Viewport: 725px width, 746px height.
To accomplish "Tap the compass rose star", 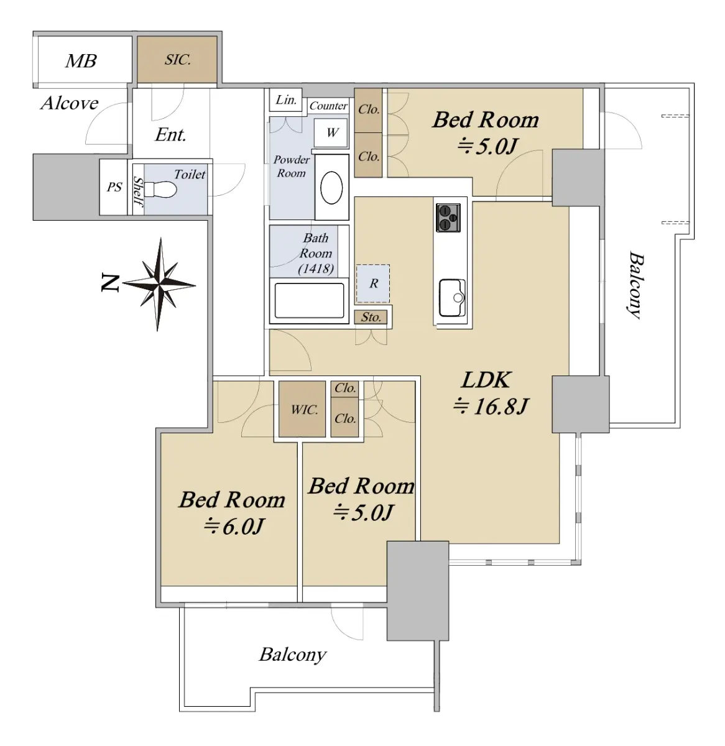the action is point(159,285).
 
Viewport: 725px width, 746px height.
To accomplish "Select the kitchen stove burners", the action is point(448,218).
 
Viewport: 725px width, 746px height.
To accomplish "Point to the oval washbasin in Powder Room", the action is point(331,187).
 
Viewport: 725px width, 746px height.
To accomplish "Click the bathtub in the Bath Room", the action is point(309,300).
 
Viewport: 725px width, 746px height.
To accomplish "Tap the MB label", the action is point(81,61).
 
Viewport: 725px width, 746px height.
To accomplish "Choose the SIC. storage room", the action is point(177,60).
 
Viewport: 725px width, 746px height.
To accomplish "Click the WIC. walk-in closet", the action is point(302,408).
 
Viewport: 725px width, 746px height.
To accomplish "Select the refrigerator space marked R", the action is point(372,283).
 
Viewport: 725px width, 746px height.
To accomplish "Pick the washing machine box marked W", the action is point(331,132).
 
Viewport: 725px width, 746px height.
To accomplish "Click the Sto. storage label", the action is point(371,317).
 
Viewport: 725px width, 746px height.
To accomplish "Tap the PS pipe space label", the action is point(114,187).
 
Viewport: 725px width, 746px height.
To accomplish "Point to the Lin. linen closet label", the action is point(286,100).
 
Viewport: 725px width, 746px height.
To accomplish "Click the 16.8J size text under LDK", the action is point(491,407).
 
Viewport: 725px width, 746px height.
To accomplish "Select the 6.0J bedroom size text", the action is point(234,527).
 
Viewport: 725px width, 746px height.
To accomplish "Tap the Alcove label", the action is point(70,103).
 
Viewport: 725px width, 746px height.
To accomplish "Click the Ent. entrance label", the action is point(170,134).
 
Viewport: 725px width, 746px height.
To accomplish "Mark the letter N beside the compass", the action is point(109,283).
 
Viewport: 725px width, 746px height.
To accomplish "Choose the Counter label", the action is point(328,106).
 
